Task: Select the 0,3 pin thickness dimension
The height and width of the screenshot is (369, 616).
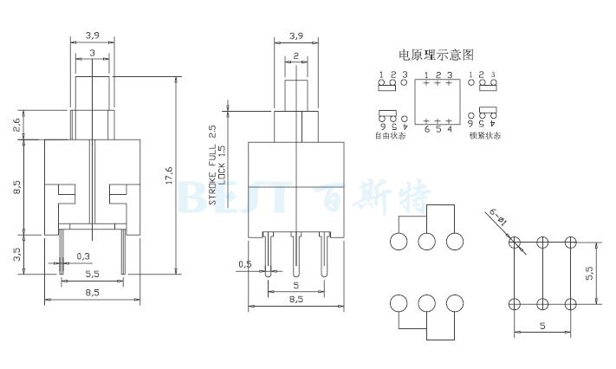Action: pos(83,256)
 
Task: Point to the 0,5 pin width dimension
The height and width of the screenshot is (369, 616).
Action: pos(245,263)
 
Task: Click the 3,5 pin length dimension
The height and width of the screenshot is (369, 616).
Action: pos(17,255)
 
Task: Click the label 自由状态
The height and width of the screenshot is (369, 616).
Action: pos(390,136)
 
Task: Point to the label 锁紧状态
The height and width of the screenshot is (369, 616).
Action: pos(484,136)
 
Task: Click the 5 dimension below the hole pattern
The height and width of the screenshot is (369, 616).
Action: pos(541,326)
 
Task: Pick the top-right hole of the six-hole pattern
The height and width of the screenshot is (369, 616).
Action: pos(570,243)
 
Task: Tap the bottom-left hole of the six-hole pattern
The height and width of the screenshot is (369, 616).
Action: pos(514,303)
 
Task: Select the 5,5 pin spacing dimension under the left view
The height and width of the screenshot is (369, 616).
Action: pos(91,273)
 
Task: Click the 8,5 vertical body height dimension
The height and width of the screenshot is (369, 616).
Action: pos(17,186)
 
